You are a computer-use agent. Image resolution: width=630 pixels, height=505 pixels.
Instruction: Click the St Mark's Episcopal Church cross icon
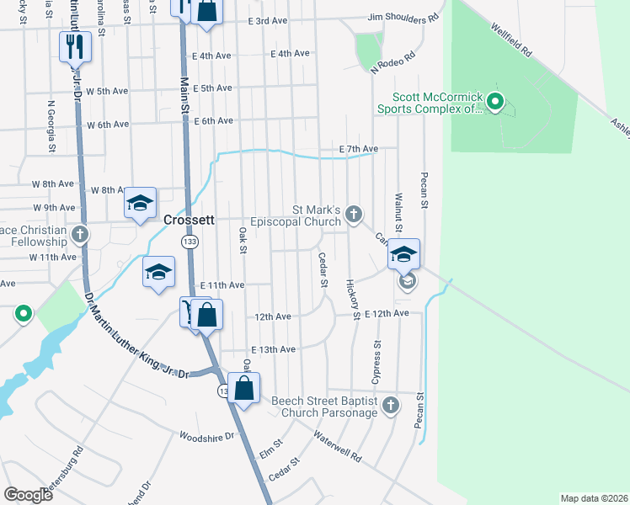point(354,215)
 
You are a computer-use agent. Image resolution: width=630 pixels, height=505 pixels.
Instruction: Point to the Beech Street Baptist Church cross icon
point(389,407)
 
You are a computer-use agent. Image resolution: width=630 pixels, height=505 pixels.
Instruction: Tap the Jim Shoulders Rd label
point(403,18)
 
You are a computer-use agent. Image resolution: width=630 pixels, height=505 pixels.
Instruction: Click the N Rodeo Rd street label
point(393,64)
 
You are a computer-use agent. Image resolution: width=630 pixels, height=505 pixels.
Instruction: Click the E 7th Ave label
point(357,149)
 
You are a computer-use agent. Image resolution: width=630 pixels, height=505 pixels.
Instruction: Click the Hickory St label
point(352,299)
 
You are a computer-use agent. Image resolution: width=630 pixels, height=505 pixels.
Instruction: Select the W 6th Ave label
point(108,125)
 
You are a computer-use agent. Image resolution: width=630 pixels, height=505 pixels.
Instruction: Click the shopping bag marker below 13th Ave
point(244,389)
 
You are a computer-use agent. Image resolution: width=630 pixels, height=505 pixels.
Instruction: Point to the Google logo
point(28,494)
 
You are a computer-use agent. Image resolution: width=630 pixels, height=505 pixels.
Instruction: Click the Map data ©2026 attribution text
point(593,498)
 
